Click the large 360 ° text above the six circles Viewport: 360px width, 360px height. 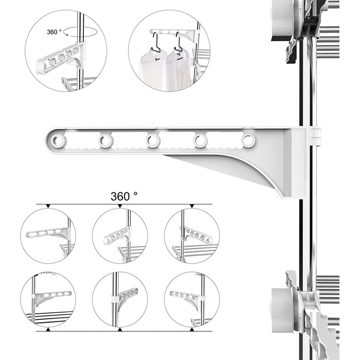(124, 196)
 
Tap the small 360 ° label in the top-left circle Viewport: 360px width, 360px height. (54, 32)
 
